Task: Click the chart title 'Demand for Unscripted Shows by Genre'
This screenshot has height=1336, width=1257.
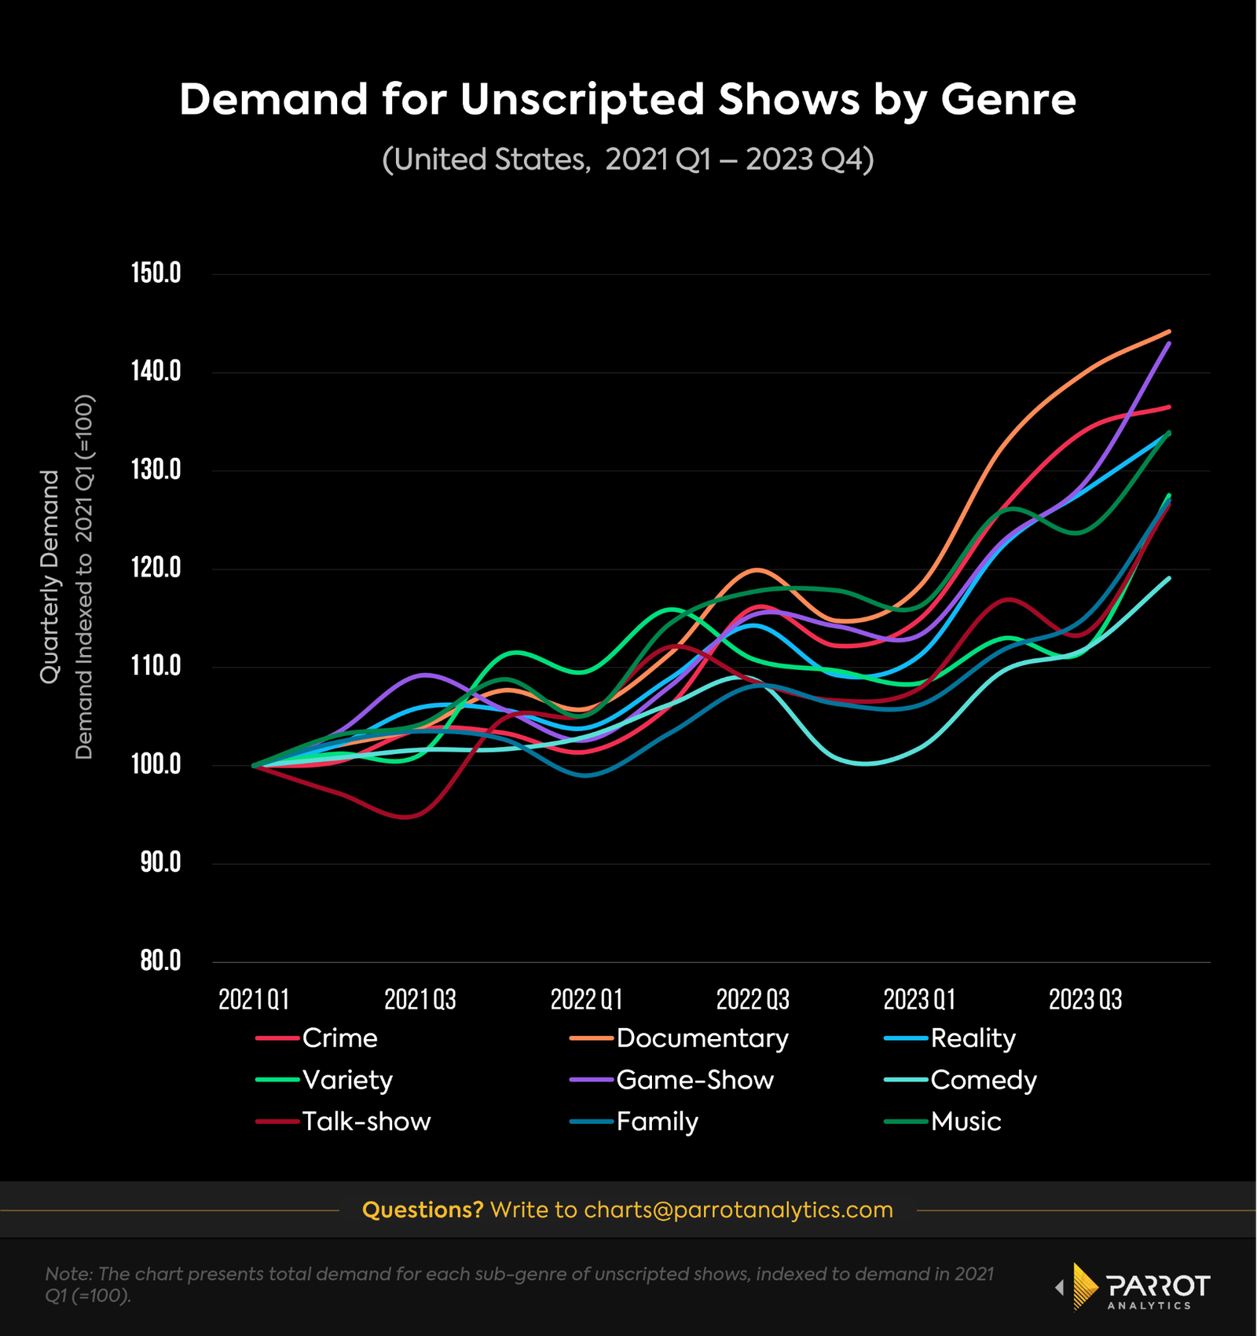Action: point(627,100)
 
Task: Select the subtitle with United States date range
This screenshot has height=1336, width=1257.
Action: point(627,159)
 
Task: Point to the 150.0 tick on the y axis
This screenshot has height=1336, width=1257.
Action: point(156,273)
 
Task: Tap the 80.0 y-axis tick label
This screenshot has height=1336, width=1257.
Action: point(160,961)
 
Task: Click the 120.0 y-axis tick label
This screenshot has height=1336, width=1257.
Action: point(156,568)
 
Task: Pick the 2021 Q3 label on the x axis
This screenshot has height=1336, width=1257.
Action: point(420,1000)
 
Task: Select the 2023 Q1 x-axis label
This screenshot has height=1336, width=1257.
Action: point(919,1000)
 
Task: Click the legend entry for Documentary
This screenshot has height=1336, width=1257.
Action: point(702,1038)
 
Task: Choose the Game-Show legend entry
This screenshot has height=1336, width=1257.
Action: point(694,1080)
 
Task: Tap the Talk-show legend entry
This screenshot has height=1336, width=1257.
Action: point(366,1122)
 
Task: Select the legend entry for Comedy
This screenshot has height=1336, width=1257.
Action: point(983,1080)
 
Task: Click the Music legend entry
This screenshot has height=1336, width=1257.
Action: point(966,1122)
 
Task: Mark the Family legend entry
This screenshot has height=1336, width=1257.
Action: point(657,1122)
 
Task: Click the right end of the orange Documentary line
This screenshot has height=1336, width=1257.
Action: point(1169,331)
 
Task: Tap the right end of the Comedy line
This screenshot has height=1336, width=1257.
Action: point(1169,579)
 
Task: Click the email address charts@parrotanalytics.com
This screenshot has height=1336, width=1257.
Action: point(738,1210)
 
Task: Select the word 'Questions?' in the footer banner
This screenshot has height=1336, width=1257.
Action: point(423,1210)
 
